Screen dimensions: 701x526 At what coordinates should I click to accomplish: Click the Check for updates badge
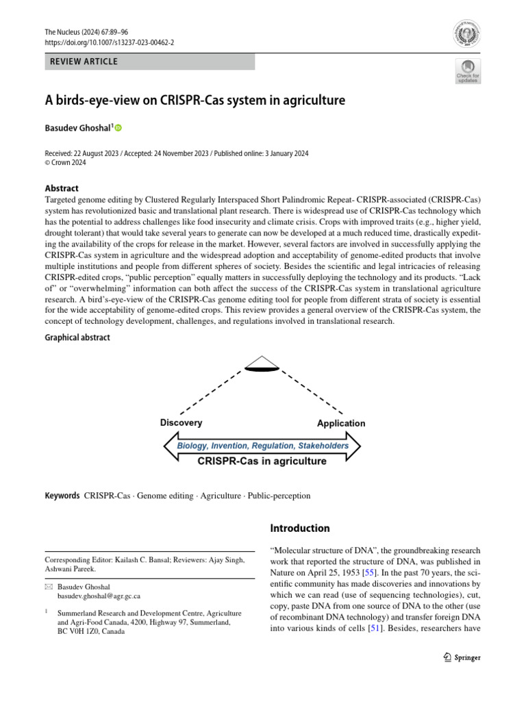[x=468, y=71]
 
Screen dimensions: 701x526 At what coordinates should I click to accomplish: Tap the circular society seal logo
[x=467, y=34]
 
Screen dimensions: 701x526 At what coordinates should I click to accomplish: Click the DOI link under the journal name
[x=109, y=42]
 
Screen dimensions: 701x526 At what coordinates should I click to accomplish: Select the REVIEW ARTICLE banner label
[x=84, y=62]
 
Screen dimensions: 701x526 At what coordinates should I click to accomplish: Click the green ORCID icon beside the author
[x=118, y=128]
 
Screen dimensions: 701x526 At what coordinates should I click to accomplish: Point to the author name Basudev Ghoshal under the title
[x=77, y=128]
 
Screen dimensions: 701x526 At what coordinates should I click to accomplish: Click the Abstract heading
[x=62, y=188]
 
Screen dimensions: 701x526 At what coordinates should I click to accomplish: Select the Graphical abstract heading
[x=77, y=337]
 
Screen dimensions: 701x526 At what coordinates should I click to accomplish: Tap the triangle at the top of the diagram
[x=263, y=364]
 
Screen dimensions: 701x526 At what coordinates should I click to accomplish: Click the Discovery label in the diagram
[x=181, y=422]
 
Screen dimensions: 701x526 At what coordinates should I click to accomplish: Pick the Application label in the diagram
[x=341, y=423]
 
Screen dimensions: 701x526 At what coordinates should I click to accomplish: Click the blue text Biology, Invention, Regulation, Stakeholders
[x=263, y=446]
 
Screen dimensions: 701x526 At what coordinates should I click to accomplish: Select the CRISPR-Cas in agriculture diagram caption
[x=262, y=461]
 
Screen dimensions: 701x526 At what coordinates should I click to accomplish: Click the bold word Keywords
[x=62, y=496]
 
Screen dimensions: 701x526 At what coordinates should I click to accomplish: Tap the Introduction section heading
[x=300, y=528]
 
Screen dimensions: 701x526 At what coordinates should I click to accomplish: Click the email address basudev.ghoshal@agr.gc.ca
[x=98, y=596]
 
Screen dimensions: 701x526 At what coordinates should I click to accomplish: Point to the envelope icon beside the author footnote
[x=48, y=587]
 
